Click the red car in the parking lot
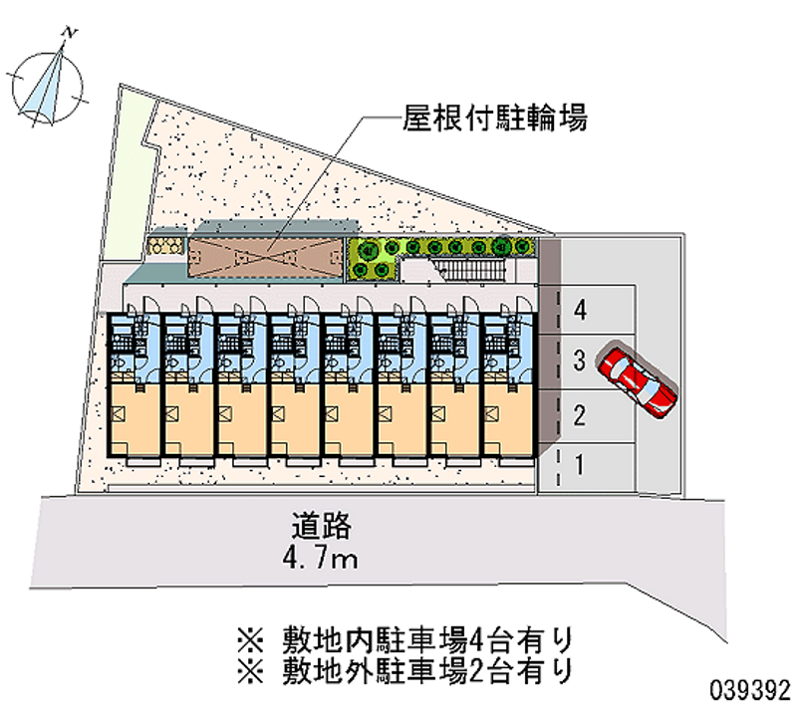coord(639,381)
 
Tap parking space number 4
coord(580,310)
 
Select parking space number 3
coord(580,362)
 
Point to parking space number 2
coord(580,414)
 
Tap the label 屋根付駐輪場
coord(492,120)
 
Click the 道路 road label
coord(323,525)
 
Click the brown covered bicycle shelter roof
coord(263,257)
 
